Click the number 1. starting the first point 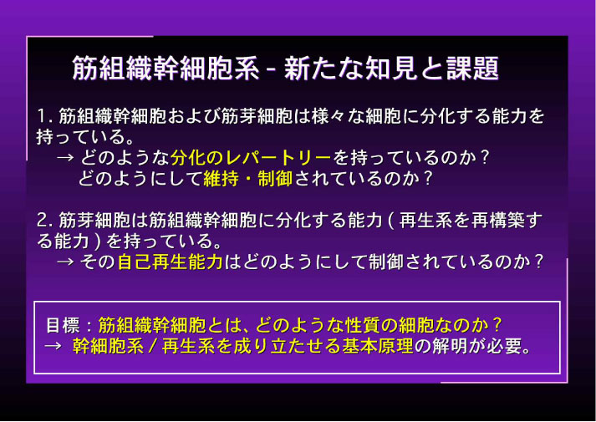(x=45, y=117)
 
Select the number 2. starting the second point (x=45, y=221)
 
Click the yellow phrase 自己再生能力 (x=171, y=262)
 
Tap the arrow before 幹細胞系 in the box (x=53, y=347)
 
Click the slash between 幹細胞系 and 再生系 (x=153, y=347)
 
